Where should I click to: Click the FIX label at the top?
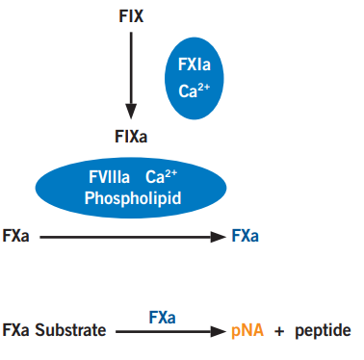(131, 16)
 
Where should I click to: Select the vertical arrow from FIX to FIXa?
(131, 75)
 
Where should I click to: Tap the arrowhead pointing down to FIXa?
(131, 112)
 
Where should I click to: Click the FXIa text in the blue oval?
(195, 64)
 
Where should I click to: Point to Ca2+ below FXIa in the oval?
(195, 90)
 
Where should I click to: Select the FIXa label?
(131, 137)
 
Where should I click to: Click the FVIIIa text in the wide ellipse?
(109, 177)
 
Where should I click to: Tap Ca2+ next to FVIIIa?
(161, 176)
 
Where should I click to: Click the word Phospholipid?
(133, 198)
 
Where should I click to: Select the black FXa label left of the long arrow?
(15, 236)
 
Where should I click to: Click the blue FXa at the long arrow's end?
(246, 236)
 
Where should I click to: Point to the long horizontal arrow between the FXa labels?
(133, 237)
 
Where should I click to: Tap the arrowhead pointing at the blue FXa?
(219, 237)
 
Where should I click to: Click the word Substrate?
(70, 330)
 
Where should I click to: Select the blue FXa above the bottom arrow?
(162, 318)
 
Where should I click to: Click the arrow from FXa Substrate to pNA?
(170, 331)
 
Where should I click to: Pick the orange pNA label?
(247, 331)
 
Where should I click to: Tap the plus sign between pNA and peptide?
(279, 331)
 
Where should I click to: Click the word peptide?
(323, 331)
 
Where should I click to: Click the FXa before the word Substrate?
(15, 330)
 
